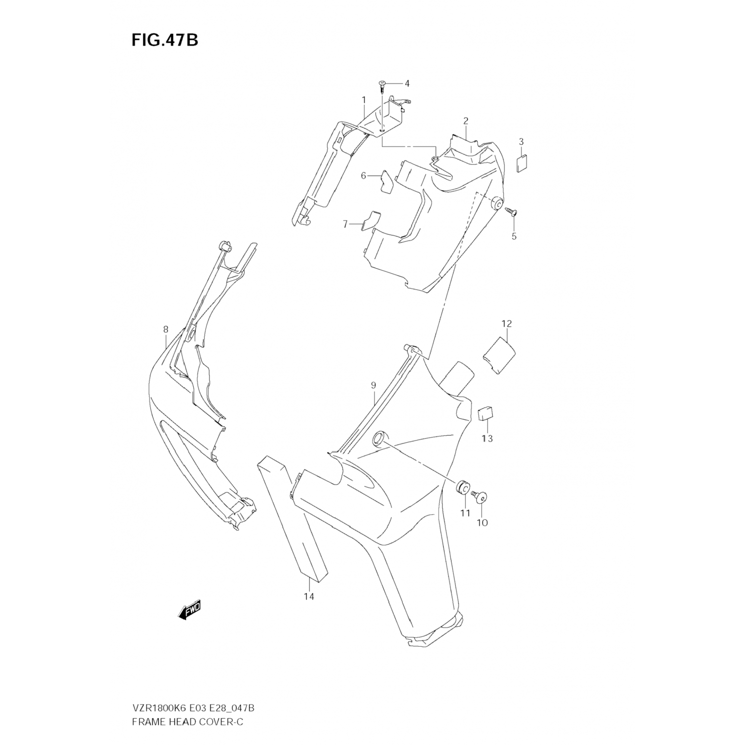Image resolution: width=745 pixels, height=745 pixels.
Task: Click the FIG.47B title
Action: point(164,40)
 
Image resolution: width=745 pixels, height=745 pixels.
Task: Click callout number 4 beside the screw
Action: point(407,83)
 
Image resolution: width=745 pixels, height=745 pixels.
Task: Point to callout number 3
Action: point(521,142)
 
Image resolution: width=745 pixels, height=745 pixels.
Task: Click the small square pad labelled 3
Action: point(521,163)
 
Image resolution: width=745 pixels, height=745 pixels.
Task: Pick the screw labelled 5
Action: point(512,212)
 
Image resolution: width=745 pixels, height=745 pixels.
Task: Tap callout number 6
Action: point(363,175)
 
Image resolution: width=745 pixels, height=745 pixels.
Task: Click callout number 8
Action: point(165,329)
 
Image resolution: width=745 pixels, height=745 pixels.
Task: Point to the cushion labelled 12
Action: point(500,355)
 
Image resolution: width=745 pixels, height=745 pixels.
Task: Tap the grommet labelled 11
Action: point(463,487)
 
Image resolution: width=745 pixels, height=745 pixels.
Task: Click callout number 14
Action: point(309,596)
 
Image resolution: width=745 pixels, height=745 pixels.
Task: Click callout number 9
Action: point(373,385)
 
